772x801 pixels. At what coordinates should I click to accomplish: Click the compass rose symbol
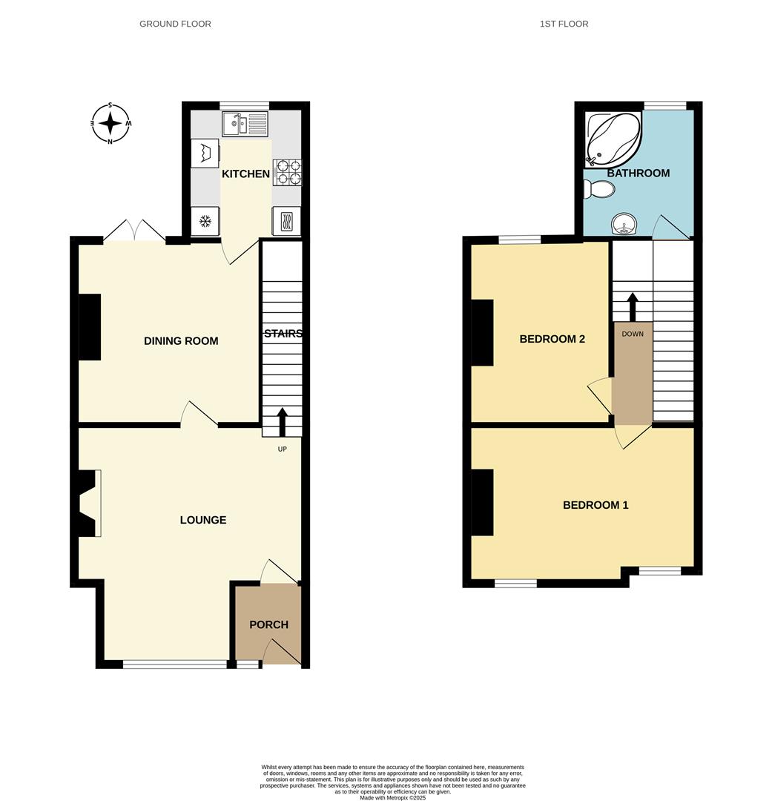110,124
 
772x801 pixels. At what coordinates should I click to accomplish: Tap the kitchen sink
245,124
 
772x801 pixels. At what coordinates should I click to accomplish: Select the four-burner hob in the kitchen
287,173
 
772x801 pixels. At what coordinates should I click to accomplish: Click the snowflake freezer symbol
205,222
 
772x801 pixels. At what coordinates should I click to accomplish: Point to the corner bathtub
612,139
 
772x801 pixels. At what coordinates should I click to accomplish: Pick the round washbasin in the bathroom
624,224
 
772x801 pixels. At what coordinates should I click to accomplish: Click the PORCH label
268,624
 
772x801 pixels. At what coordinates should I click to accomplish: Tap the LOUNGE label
203,520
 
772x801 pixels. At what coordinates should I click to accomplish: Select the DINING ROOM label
181,340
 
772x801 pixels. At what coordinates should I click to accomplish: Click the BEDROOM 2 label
552,339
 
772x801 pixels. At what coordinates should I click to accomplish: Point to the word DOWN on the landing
633,334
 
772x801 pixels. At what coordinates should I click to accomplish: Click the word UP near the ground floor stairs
282,449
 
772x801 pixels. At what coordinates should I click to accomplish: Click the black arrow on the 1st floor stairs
633,307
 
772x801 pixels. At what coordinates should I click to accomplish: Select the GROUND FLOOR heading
175,24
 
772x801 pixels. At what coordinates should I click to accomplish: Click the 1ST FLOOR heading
564,24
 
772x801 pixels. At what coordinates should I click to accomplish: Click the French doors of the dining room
135,231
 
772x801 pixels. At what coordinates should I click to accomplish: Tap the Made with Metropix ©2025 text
392,797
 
